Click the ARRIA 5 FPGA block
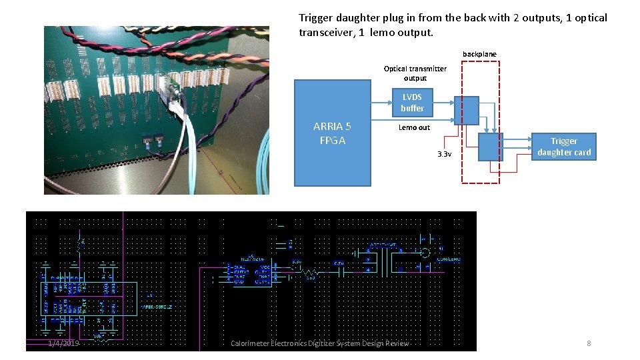tap(333, 133)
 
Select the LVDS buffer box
tap(412, 103)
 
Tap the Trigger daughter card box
tap(564, 147)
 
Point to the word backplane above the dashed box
tap(479, 54)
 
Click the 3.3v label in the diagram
tap(444, 155)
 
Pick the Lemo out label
tap(414, 127)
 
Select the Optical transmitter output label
tap(415, 73)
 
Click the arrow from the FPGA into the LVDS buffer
tap(381, 103)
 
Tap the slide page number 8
tap(589, 343)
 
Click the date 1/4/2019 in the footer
tap(63, 343)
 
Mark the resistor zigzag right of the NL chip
tap(309, 273)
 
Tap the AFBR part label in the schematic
tap(157, 307)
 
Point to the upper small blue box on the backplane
tap(466, 110)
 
